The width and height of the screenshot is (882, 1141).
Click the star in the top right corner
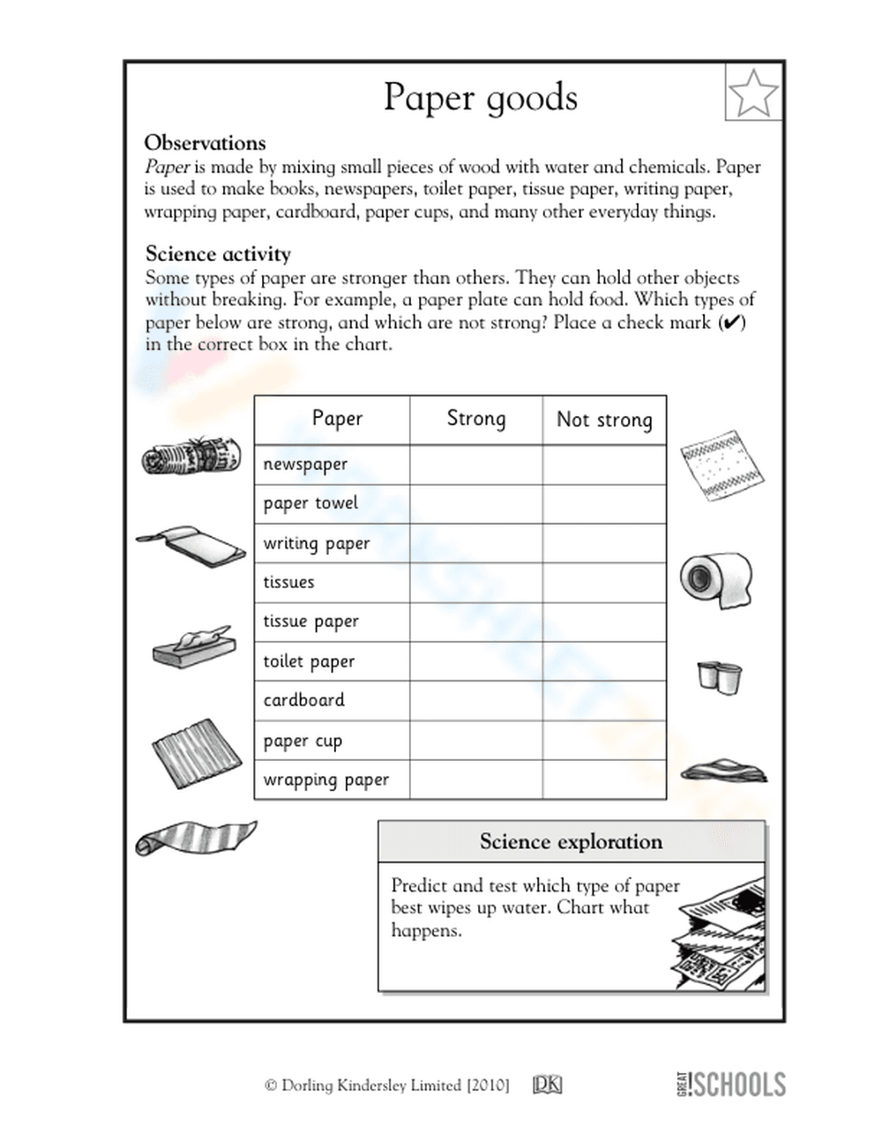point(753,93)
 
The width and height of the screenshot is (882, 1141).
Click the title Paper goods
point(481,97)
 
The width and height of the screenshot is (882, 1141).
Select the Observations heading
point(205,143)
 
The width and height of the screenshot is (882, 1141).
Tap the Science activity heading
point(218,254)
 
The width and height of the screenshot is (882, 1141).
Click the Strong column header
point(476,419)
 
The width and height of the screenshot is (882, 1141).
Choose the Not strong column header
point(604,420)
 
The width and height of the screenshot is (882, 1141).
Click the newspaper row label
point(305,465)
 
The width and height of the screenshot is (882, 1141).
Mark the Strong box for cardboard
point(476,700)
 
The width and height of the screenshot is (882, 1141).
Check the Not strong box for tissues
point(604,582)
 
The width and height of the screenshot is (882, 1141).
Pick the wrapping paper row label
point(326,780)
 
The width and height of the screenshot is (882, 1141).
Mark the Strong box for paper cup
point(476,741)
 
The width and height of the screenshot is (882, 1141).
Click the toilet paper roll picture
point(715,580)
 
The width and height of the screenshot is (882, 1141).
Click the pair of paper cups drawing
point(719,677)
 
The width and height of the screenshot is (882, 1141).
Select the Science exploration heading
point(571,842)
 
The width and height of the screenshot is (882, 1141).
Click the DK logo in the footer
point(547,1085)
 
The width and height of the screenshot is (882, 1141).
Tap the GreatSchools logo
point(730,1084)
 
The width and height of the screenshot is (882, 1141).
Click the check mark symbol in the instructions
point(731,323)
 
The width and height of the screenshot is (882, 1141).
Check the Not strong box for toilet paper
point(604,661)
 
